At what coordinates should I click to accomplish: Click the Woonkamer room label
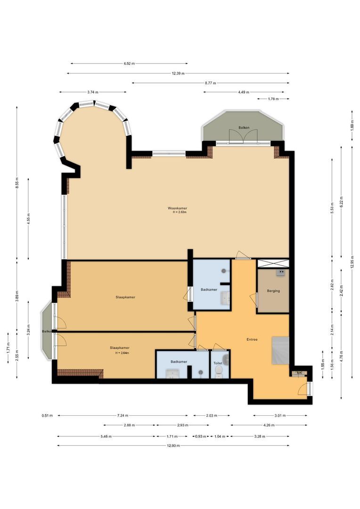174,208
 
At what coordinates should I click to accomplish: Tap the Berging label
273,291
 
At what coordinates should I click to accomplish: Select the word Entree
252,339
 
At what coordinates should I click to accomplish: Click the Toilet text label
218,363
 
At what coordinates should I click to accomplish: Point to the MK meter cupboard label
299,373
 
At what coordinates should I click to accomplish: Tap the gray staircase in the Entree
280,351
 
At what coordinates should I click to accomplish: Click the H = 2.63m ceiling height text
180,212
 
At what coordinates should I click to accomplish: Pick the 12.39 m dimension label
178,74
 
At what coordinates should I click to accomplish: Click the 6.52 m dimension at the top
129,64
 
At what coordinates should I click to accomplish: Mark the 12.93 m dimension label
173,445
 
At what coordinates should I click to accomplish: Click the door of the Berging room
254,299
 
